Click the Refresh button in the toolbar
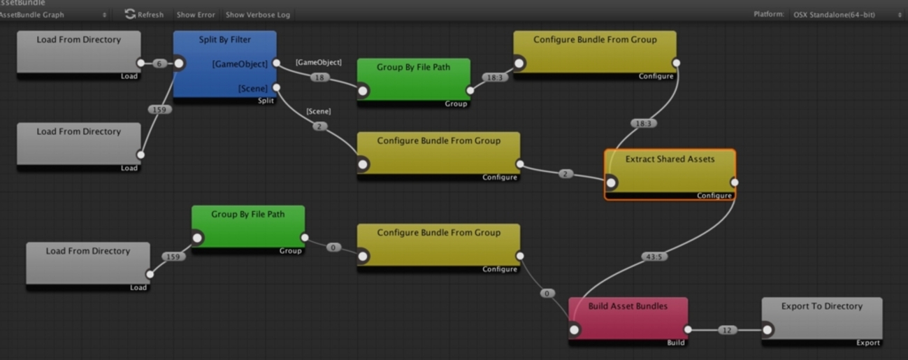144,14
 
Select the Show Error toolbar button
196,14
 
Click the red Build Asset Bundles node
627,318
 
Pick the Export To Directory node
821,318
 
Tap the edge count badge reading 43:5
655,257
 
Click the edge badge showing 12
728,330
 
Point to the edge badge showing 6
159,64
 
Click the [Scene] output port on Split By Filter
277,88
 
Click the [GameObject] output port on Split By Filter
277,63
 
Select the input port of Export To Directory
767,330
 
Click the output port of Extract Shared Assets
734,182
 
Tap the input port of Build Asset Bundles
574,330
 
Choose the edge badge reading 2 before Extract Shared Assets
565,173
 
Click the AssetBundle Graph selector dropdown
53,14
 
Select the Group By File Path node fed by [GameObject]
413,80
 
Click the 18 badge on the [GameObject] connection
320,78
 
